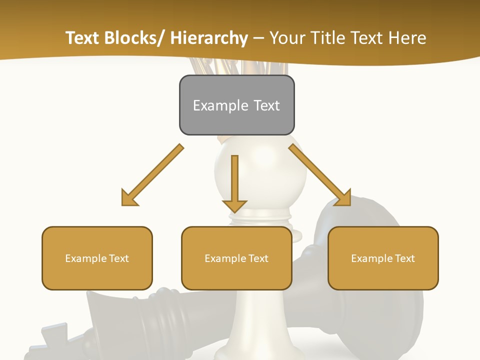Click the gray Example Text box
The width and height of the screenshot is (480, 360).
coord(236,105)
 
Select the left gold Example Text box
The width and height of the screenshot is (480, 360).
coord(97,258)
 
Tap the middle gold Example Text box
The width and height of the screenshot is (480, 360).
coord(236,258)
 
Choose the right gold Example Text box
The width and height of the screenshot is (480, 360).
coord(383,258)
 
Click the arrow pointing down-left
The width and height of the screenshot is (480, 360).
coord(152,175)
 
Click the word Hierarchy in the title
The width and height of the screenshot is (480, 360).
coord(209,38)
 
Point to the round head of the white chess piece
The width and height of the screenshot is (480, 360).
coord(260,170)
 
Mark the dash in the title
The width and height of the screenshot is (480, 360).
coord(258,38)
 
